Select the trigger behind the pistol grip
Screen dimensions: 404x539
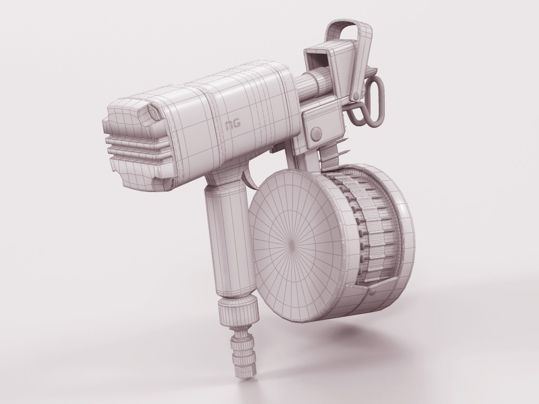pyautogui.click(x=251, y=179)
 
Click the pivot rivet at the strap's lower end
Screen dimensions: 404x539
pyautogui.click(x=356, y=96)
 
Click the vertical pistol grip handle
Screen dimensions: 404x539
pyautogui.click(x=226, y=237)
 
